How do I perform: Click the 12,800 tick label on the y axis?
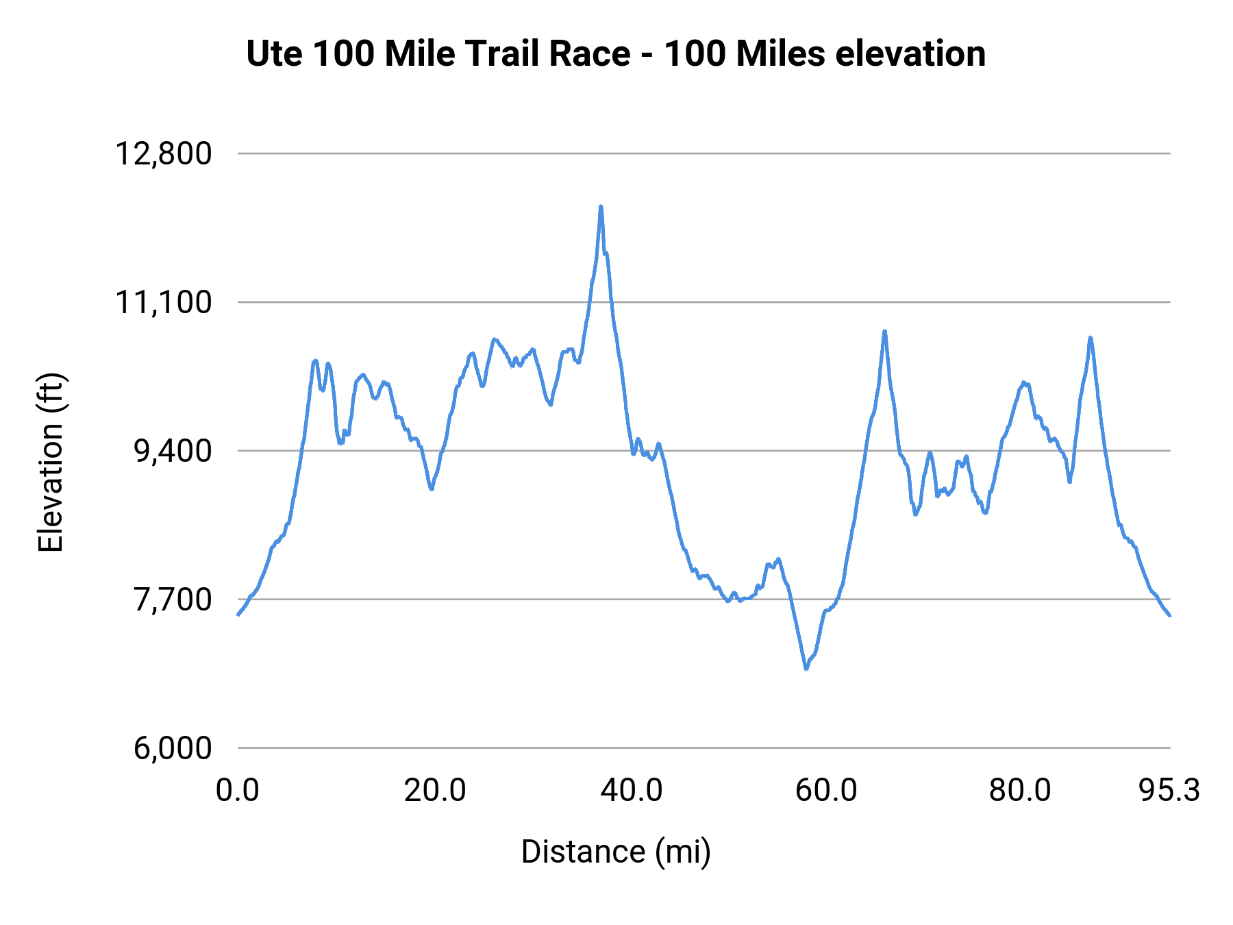163,153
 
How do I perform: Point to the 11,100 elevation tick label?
163,302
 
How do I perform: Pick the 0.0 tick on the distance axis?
237,791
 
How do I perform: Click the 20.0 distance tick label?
434,791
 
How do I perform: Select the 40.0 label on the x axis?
631,791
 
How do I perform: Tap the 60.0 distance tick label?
826,791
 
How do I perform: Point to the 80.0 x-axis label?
1020,791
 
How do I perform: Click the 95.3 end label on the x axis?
1169,791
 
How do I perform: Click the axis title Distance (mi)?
616,852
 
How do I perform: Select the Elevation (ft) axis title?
50,463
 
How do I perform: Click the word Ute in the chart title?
272,53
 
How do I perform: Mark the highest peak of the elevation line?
601,206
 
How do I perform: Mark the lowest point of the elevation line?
806,669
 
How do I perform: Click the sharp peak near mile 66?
884,331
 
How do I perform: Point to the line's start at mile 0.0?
238,615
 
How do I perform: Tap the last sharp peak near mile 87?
1090,337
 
